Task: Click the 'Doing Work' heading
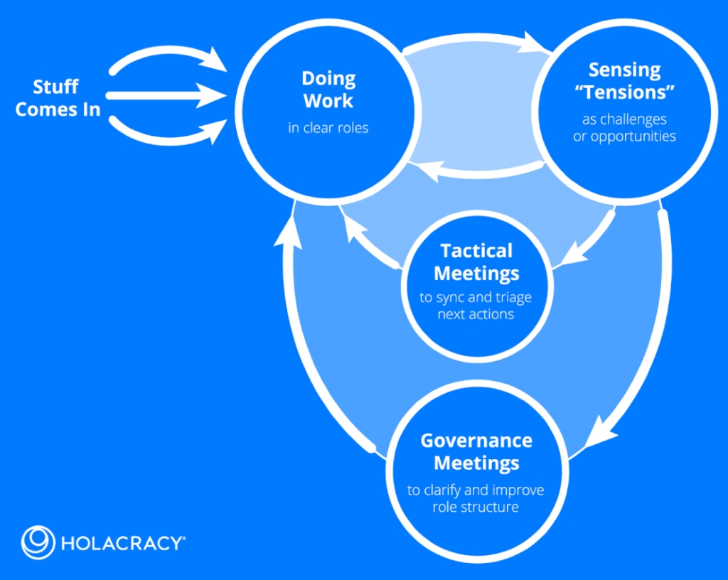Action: pos(328,90)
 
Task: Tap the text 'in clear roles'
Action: pos(328,129)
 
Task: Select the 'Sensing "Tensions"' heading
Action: pos(624,81)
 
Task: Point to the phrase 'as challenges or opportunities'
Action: pos(624,128)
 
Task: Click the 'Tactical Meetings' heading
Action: pos(476,262)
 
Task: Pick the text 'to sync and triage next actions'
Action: pos(476,306)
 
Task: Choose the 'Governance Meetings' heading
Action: pos(476,451)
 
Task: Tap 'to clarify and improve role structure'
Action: pos(476,498)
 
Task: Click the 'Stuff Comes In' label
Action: pos(58,98)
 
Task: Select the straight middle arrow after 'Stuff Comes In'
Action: pos(164,95)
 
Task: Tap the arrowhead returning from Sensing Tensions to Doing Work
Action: pos(425,168)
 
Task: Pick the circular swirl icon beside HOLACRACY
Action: pos(38,543)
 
